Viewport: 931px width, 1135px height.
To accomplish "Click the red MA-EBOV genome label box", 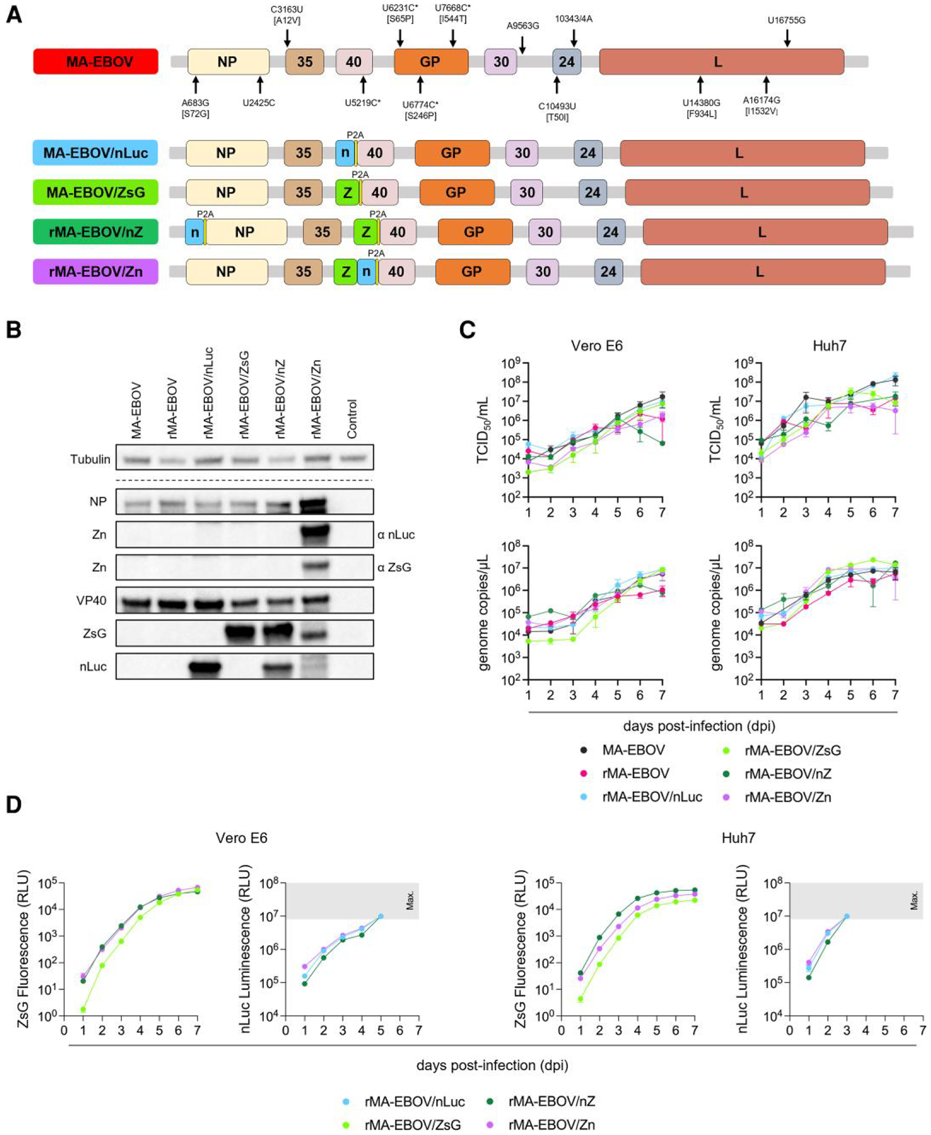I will (96, 61).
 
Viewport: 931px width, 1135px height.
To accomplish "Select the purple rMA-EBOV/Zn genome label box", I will (95, 272).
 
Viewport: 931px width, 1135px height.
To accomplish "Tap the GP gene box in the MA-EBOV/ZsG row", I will (457, 193).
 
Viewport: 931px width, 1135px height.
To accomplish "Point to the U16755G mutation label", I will (786, 21).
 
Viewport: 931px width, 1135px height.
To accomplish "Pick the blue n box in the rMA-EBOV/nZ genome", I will (195, 232).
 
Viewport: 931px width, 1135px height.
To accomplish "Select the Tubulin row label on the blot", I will (90, 459).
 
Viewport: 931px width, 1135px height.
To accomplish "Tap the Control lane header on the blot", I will (353, 419).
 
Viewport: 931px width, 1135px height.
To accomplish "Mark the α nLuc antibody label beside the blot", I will (396, 534).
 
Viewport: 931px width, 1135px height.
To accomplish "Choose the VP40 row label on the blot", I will (92, 601).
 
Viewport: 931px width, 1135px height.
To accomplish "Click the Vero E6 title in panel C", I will (597, 346).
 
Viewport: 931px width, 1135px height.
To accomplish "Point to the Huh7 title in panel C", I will (829, 346).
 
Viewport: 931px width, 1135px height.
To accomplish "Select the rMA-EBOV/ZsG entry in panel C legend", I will (792, 750).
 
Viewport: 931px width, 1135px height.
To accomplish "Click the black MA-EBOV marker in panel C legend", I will (584, 750).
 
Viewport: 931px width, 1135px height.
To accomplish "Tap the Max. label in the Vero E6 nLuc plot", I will (410, 900).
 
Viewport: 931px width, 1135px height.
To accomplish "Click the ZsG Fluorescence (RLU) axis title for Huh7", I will (520, 948).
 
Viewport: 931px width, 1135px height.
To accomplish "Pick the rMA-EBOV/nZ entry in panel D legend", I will (551, 1101).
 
